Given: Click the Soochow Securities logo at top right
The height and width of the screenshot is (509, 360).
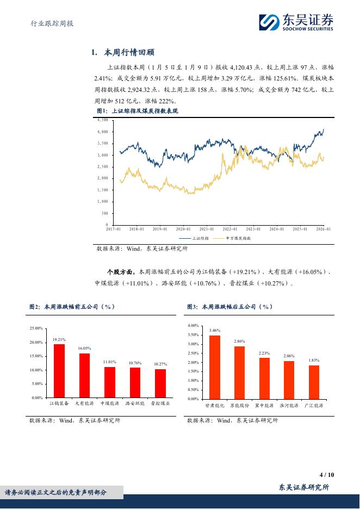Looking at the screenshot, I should coord(296,22).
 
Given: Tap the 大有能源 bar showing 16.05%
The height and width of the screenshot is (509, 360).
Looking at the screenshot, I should coord(84,375).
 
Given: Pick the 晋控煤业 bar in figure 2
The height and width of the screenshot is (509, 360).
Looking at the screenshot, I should coord(160,383).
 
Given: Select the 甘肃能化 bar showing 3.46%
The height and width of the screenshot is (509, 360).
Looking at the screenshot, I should coord(214,367).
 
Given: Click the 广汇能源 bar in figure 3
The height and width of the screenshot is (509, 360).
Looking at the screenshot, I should coord(314,382).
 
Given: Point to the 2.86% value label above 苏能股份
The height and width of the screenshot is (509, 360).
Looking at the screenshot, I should coord(239,342).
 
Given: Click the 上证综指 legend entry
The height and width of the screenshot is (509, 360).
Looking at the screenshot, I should coord(195,238).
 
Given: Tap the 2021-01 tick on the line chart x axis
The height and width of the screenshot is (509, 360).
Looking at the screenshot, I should coord(206,229).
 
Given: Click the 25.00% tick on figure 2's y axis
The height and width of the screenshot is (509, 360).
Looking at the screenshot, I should coord(36,328).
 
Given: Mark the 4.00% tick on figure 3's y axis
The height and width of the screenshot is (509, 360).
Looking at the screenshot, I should coord(193,325).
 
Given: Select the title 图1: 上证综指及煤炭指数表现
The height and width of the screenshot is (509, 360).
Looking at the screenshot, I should coord(137,111).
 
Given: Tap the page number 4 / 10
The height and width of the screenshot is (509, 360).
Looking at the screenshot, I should coord(327,474).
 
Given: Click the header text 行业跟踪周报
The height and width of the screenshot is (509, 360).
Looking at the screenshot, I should coord(51,24).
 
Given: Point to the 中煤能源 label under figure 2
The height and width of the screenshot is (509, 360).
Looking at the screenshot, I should coord(109,404).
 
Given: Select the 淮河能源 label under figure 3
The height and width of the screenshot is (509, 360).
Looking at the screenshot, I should coord(289,406).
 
